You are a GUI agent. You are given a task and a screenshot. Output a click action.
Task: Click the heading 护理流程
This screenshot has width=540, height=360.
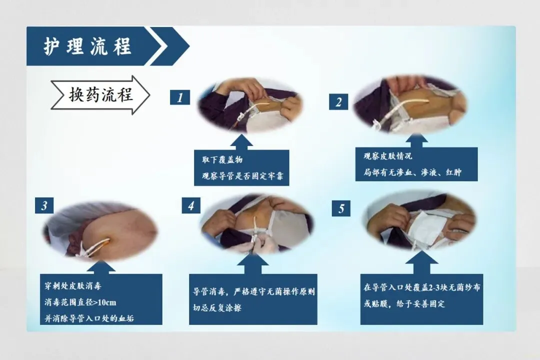[x=87, y=46]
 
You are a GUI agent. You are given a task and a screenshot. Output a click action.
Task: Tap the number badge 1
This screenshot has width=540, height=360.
[x=180, y=97]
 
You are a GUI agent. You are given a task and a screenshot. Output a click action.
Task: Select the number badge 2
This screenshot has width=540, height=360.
[x=338, y=101]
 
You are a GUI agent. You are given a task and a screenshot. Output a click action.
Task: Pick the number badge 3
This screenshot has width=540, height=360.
[x=44, y=205]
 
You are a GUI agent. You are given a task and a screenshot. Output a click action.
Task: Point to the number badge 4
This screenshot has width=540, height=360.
[x=191, y=205]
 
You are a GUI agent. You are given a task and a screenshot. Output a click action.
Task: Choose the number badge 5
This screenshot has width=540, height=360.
[x=341, y=208]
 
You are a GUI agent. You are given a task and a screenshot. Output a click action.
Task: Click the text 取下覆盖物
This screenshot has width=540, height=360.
[x=222, y=159]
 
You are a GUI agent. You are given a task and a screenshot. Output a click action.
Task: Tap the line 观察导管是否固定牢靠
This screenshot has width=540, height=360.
[x=243, y=176]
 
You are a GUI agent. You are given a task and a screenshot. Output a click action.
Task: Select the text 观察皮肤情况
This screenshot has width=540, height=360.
[x=388, y=156]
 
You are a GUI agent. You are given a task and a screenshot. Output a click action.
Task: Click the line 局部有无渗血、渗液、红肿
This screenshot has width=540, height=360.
[x=412, y=172]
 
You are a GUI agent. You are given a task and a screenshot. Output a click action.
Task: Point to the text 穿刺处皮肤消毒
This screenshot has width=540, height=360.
[x=73, y=286]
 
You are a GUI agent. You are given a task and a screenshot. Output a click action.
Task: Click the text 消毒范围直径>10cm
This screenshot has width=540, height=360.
[x=80, y=302]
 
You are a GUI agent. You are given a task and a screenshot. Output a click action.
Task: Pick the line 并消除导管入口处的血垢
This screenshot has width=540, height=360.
[x=89, y=318]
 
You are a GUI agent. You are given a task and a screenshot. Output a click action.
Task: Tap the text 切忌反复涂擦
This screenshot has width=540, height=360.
[x=217, y=307]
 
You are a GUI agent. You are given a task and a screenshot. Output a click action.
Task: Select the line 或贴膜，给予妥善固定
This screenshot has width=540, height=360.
[x=404, y=304]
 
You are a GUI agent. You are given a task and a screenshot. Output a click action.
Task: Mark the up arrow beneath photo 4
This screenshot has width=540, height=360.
[x=253, y=264]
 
